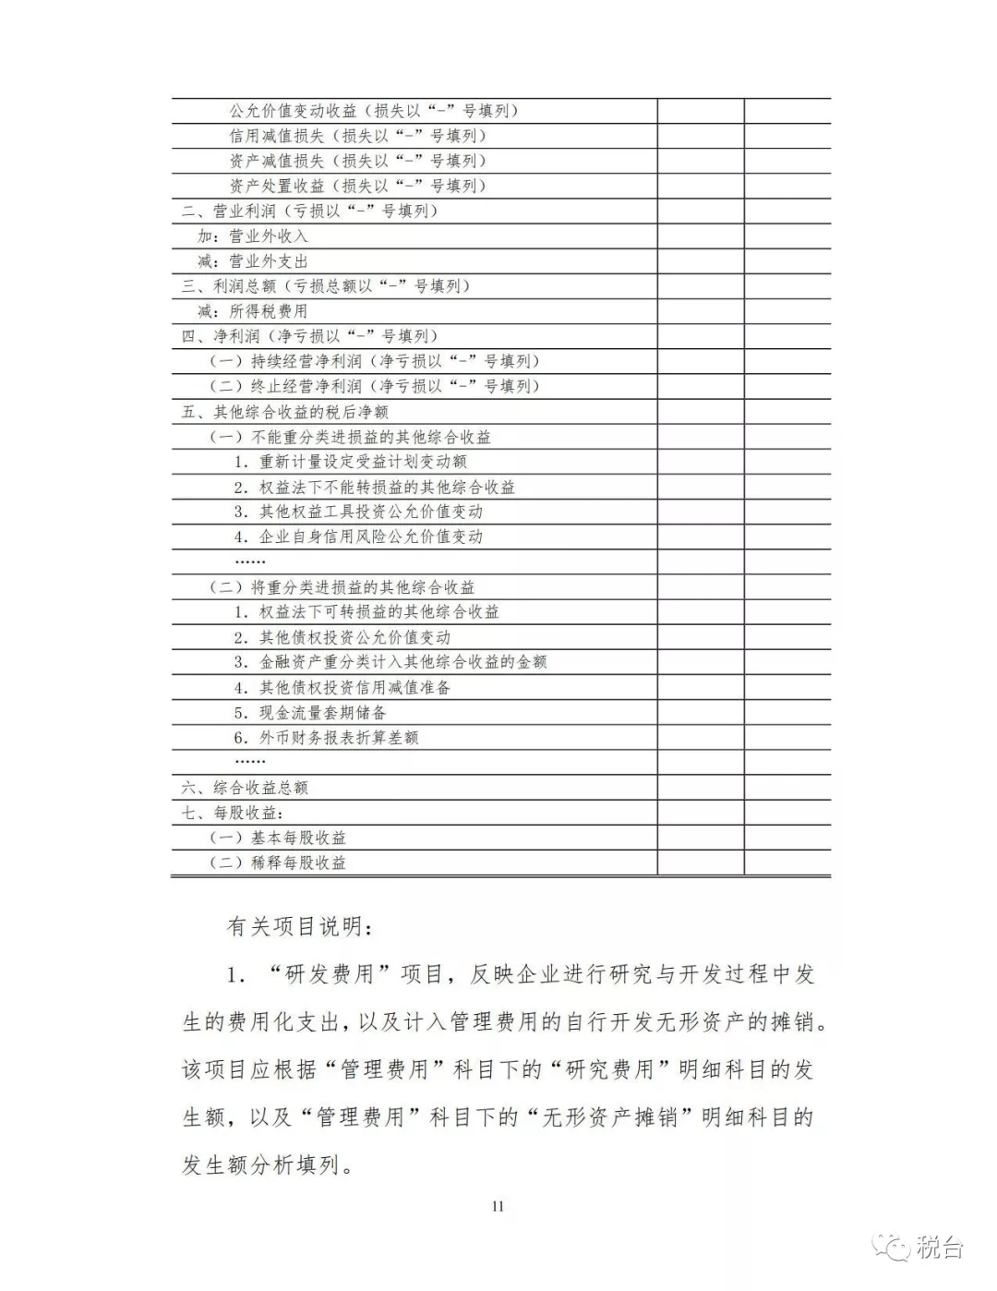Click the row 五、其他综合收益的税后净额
click(x=284, y=412)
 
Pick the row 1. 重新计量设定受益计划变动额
click(x=350, y=462)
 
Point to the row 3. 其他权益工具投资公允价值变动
click(x=357, y=512)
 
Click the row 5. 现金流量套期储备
click(x=309, y=713)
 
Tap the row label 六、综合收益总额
click(x=245, y=788)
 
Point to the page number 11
click(x=498, y=1206)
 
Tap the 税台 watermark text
click(x=940, y=1248)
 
